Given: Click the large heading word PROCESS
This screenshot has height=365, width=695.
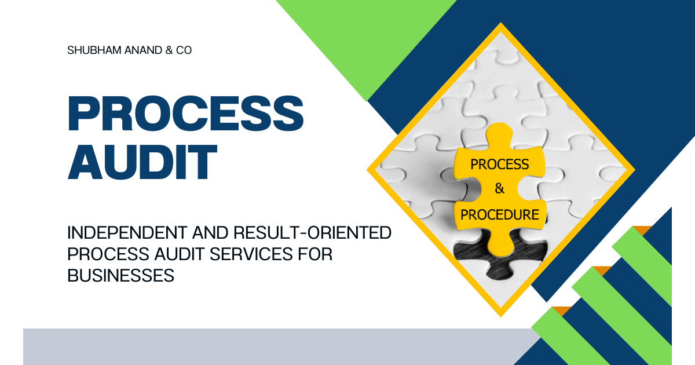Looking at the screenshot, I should coord(186,114).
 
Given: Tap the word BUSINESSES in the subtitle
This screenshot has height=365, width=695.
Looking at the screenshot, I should coord(121,276).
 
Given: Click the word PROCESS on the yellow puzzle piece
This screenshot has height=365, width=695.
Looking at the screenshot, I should coord(499,165).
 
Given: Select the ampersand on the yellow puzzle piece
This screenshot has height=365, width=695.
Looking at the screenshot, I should coord(499,189).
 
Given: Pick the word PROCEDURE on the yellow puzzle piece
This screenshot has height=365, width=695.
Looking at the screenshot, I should coord(499,214).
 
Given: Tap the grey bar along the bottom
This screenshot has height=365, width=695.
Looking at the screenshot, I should coord(272,346).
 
